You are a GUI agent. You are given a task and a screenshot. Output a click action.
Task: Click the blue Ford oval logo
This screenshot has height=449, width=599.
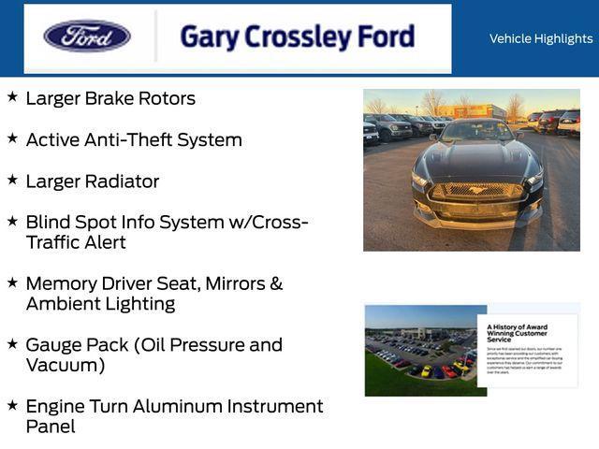coord(87,36)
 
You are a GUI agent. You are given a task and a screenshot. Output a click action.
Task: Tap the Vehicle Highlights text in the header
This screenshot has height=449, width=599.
coord(540,38)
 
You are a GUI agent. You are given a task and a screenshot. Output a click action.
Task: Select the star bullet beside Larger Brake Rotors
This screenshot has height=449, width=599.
coord(12,96)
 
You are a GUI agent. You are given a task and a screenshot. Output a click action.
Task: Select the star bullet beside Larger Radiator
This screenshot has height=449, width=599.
coord(12,180)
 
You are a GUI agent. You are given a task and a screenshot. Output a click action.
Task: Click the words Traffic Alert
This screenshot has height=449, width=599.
coord(76,243)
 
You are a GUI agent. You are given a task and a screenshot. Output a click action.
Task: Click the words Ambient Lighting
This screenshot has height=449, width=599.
coord(100,304)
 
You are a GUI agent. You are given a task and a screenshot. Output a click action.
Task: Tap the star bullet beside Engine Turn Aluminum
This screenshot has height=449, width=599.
coord(12,405)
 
